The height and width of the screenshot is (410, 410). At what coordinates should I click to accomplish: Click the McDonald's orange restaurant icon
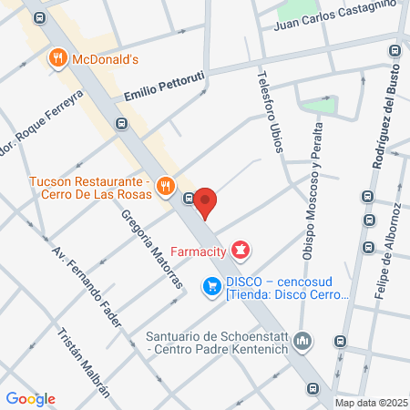(x=57, y=59)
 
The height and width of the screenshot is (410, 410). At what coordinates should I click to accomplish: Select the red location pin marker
(x=205, y=201)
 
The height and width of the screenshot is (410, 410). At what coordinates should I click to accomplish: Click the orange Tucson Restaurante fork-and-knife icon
(x=165, y=186)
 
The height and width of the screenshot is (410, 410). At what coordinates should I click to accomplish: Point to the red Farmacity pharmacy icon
(x=241, y=248)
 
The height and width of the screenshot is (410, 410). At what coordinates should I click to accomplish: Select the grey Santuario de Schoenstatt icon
(x=304, y=342)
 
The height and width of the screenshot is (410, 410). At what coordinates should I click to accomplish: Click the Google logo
(x=30, y=398)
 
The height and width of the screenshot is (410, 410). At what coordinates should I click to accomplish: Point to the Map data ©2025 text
(x=371, y=403)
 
